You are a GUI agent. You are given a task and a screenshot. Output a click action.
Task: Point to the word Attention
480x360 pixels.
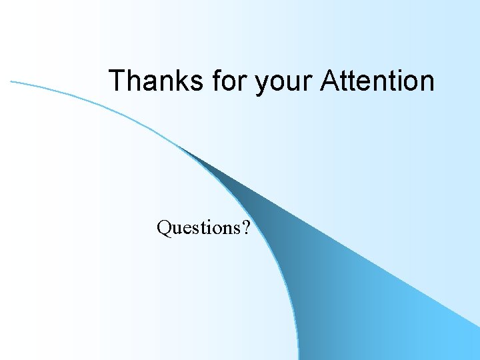click(x=377, y=81)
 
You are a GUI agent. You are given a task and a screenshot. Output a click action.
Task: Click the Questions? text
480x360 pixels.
click(x=203, y=228)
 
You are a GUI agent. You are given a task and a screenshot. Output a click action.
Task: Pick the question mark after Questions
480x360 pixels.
click(x=247, y=228)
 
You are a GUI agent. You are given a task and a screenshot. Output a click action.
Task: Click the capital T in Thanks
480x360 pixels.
click(x=117, y=81)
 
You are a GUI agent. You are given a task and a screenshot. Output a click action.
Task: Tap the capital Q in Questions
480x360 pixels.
click(x=164, y=228)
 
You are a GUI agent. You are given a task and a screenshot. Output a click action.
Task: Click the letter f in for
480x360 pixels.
click(x=217, y=81)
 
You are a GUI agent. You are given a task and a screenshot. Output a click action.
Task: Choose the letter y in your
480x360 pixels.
click(x=262, y=84)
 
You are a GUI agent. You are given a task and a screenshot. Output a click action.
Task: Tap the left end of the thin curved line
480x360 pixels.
click(x=11, y=81)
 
